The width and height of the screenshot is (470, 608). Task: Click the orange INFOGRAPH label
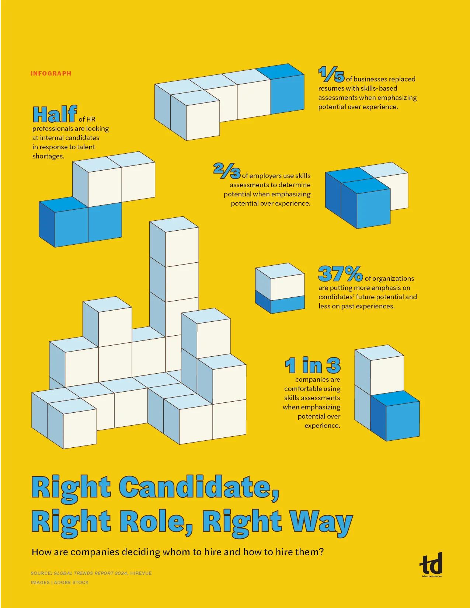[51, 73]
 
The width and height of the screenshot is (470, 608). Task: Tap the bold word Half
[55, 114]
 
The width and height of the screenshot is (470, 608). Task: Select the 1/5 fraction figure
[331, 74]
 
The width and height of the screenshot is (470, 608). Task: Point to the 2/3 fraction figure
[227, 171]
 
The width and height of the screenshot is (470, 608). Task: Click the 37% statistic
[340, 274]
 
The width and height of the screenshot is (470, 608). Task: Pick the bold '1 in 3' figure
[312, 366]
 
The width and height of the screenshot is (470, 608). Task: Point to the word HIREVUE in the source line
[141, 573]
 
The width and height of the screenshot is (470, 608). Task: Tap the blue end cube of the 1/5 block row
[288, 94]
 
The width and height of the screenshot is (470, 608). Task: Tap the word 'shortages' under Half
[48, 156]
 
